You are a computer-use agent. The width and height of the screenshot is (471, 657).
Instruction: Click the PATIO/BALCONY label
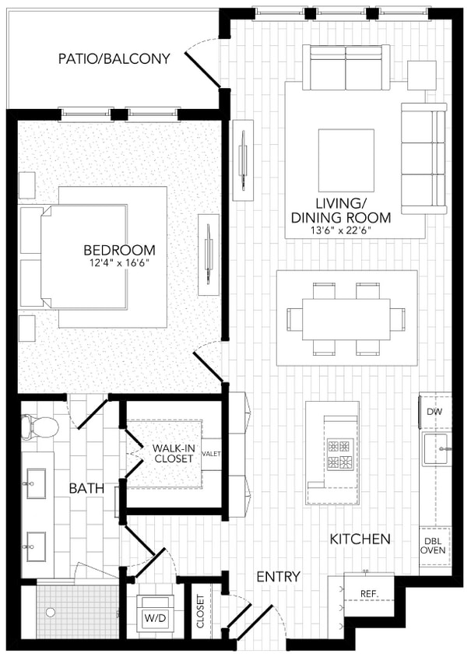click(x=114, y=58)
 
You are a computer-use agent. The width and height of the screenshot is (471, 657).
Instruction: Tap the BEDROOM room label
click(x=119, y=250)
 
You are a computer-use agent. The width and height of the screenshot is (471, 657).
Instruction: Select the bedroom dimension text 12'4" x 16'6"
click(x=119, y=263)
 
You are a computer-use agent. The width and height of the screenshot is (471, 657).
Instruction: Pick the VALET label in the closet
click(x=211, y=453)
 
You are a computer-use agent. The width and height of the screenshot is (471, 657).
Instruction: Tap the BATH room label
click(x=83, y=488)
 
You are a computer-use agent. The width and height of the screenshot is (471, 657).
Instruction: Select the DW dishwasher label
click(x=434, y=411)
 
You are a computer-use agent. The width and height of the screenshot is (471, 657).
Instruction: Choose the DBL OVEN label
click(x=434, y=543)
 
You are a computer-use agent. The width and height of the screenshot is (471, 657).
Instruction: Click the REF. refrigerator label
click(x=369, y=594)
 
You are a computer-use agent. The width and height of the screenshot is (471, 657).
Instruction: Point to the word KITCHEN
click(x=360, y=539)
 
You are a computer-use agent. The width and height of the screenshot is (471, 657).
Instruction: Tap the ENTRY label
click(x=278, y=577)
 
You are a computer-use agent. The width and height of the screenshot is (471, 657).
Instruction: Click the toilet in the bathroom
click(x=41, y=426)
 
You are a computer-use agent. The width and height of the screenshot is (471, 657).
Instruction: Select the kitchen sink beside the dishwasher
click(x=438, y=449)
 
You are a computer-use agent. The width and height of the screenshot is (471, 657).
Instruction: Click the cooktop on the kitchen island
click(x=339, y=455)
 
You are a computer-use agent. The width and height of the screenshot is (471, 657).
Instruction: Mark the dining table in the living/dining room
click(x=346, y=318)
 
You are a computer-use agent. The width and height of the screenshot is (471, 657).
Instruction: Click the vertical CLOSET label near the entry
click(x=201, y=612)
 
